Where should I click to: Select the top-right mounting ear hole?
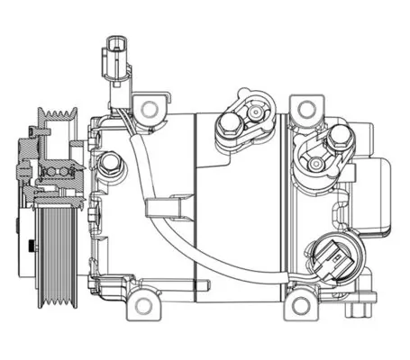(305, 109)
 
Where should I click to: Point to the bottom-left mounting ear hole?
(141, 306)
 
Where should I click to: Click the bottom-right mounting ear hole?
(301, 309)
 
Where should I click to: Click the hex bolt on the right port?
(339, 138)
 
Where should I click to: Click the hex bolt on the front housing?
(110, 164)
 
